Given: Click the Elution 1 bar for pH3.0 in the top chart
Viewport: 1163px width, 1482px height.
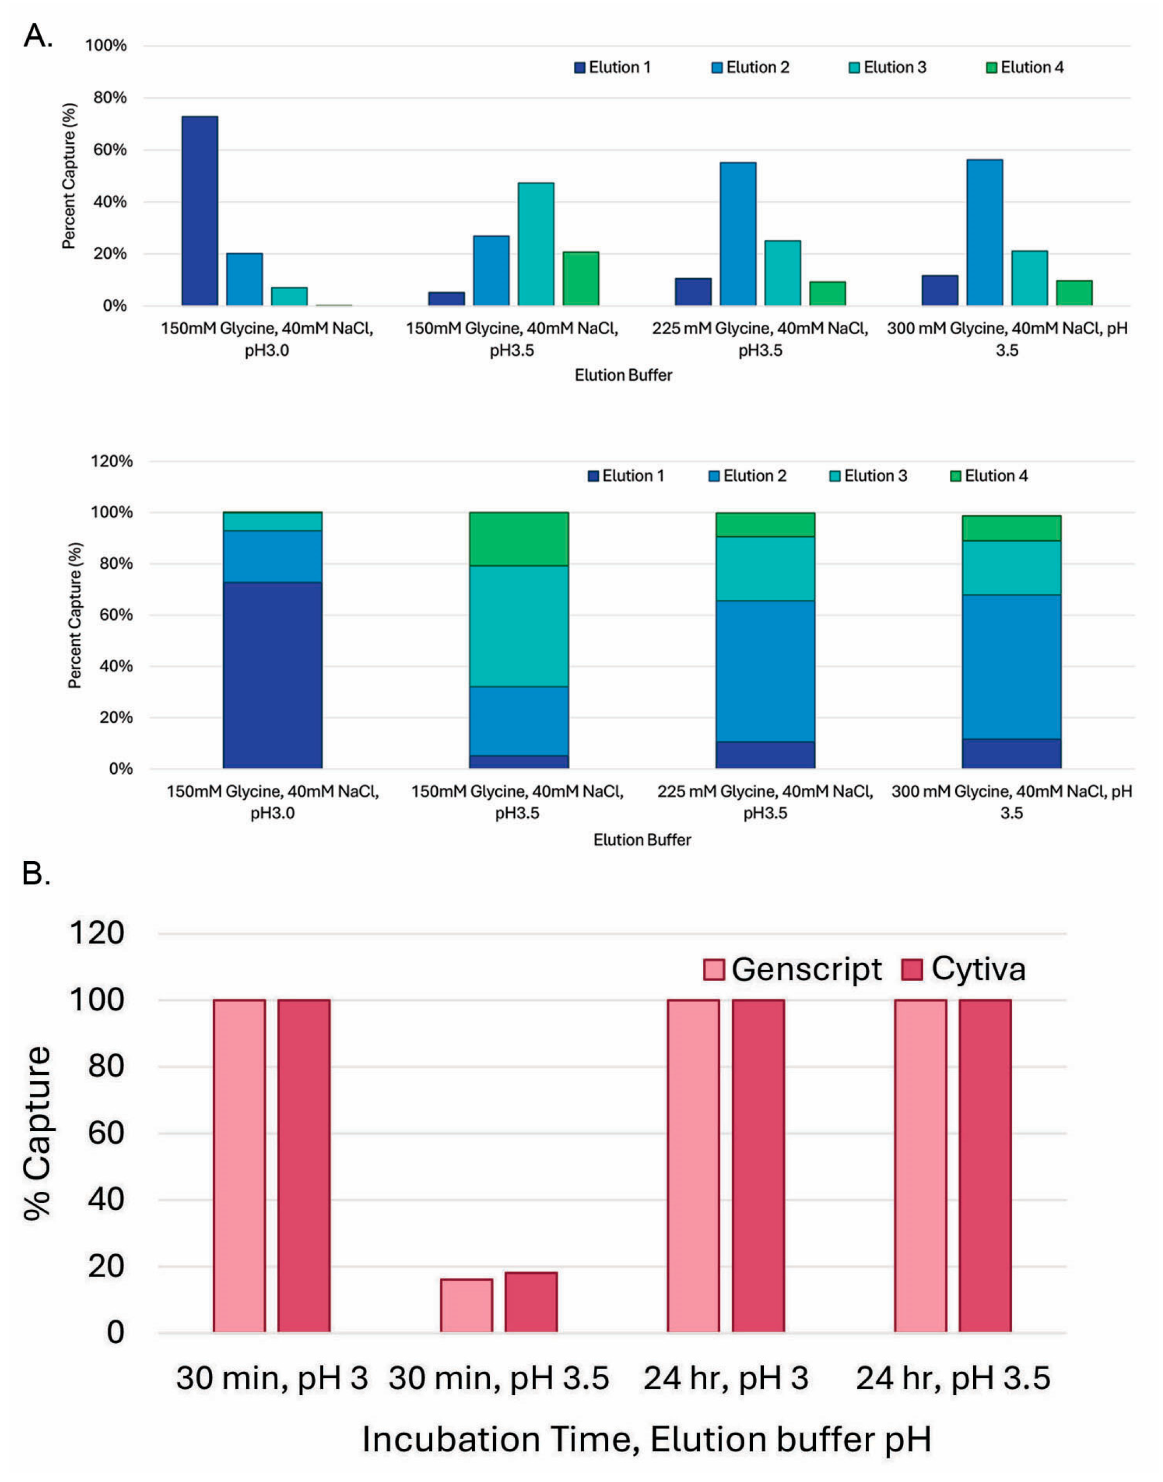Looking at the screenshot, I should pos(200,211).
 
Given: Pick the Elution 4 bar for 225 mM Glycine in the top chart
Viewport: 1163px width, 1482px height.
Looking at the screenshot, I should pos(827,293).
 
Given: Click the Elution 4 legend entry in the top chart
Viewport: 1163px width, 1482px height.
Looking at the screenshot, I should pos(1024,67).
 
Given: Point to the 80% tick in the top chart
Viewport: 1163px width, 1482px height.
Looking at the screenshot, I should pos(109,98).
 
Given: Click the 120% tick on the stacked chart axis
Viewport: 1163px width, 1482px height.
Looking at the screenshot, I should pos(112,461).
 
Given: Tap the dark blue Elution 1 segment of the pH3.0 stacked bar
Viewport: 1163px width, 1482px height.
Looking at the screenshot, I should pos(272,675).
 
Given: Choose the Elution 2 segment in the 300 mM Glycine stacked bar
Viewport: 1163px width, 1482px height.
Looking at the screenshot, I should pos(1011,666).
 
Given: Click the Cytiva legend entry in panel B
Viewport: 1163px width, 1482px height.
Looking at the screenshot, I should pos(963,968).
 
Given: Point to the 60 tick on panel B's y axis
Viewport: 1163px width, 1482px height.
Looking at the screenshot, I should pos(106,1133).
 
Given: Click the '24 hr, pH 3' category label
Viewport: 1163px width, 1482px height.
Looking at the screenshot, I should pos(726,1377).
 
